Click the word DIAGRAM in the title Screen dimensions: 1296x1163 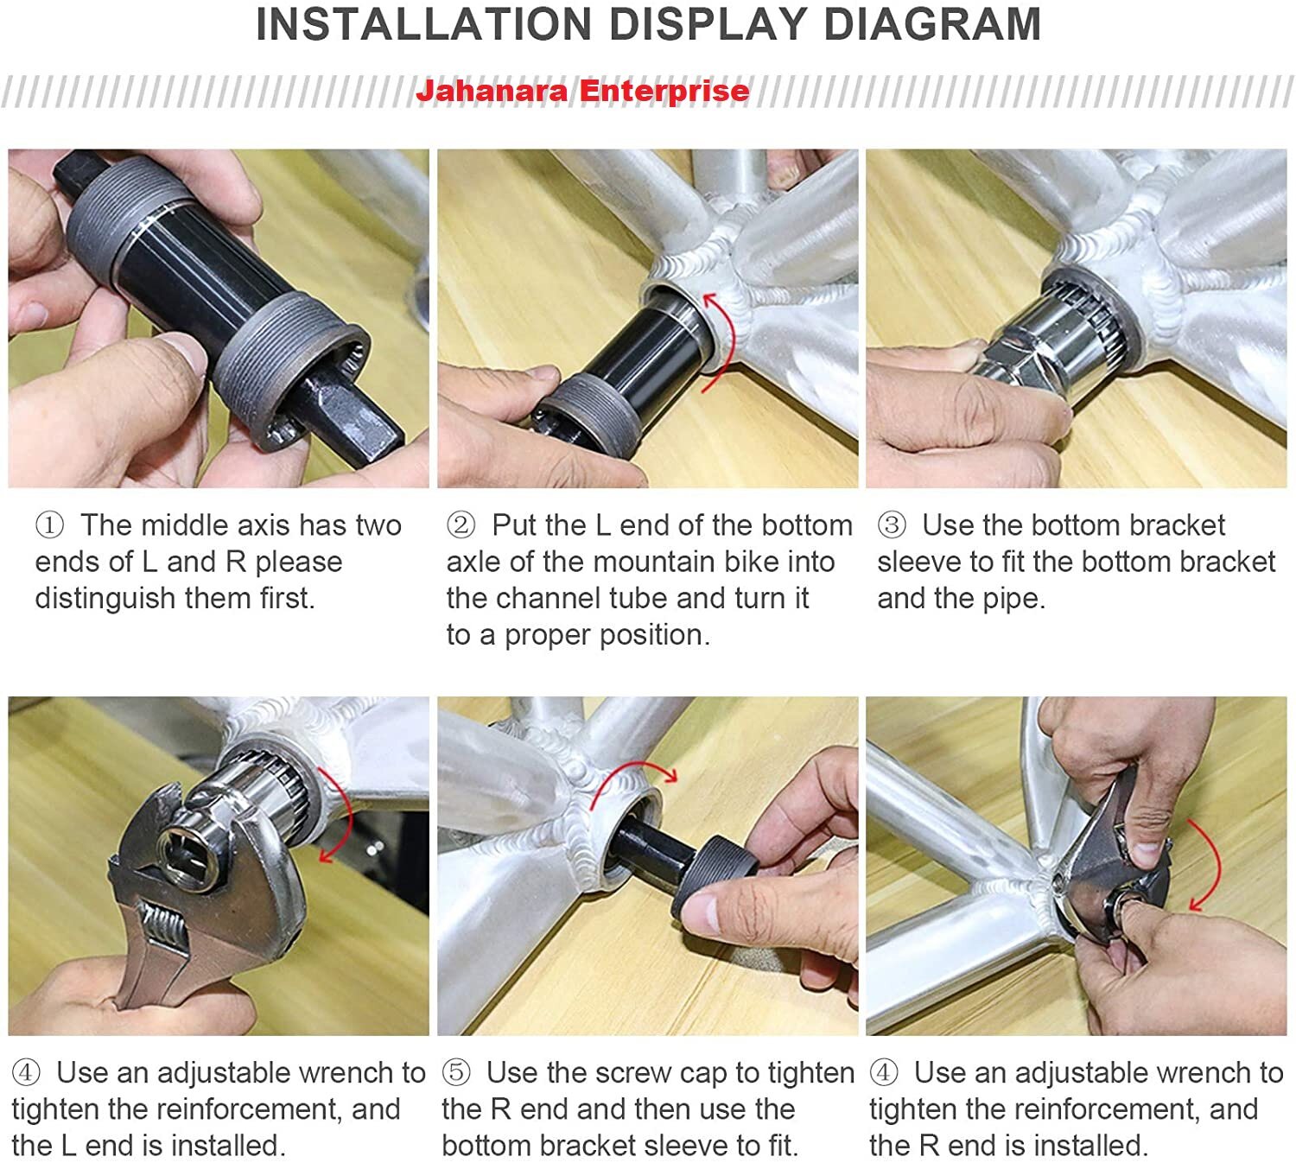931,24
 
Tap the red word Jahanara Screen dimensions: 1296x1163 492,91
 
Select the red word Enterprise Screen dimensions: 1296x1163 664,91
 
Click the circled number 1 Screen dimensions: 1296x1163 49,525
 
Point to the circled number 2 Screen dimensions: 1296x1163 461,525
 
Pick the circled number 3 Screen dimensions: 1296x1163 891,525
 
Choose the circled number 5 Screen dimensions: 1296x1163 456,1073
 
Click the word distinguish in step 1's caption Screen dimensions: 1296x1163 105,599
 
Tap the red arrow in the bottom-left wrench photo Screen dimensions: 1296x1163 346,812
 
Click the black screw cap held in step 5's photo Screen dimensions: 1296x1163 714,874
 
